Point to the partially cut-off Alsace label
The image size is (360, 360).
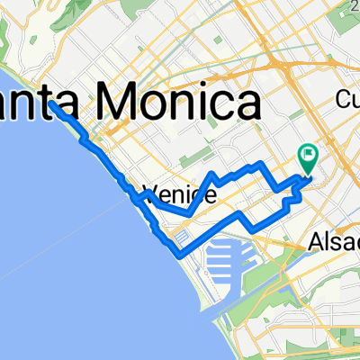333,241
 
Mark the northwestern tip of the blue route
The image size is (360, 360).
53,103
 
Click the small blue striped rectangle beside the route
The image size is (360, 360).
180,238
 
